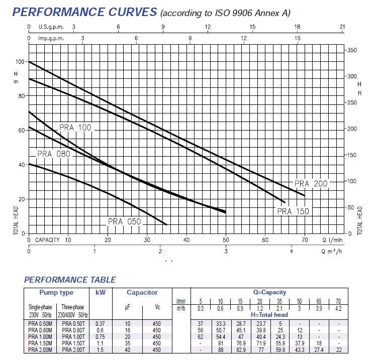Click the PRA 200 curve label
click(x=311, y=184)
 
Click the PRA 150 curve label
click(x=293, y=211)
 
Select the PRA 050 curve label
click(x=124, y=221)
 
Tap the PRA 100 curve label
click(x=75, y=128)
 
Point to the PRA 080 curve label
click(x=53, y=154)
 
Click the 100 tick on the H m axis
click(x=20, y=62)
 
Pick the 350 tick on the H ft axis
click(x=352, y=51)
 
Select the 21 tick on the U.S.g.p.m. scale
click(x=342, y=27)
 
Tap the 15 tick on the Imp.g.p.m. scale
click(x=298, y=38)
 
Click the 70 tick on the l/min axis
click(x=304, y=240)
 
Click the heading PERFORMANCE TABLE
click(x=70, y=280)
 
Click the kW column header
click(x=100, y=292)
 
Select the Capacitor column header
click(x=142, y=292)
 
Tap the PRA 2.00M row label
click(x=41, y=349)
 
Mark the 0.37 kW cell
click(x=100, y=324)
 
